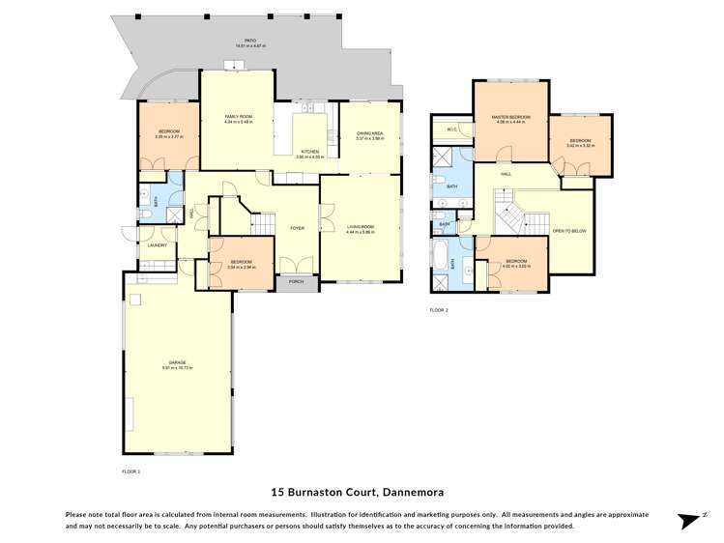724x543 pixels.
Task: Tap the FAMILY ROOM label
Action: (x=237, y=118)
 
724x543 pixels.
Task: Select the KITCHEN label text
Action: (x=309, y=153)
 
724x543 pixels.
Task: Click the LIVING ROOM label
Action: (x=359, y=228)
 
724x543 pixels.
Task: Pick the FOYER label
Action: (x=297, y=228)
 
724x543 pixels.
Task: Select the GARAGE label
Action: (x=178, y=363)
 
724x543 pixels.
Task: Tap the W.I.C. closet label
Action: (x=451, y=129)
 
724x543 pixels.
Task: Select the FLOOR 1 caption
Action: (x=131, y=471)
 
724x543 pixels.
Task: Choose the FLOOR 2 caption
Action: (x=439, y=310)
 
